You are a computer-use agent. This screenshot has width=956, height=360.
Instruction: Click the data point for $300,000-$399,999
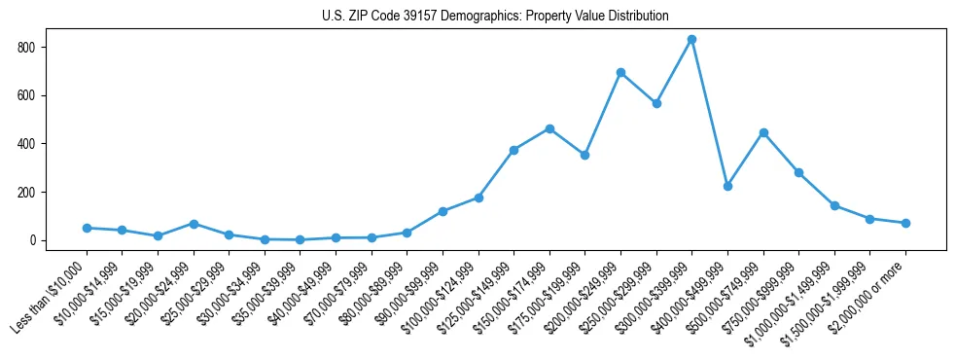(691, 40)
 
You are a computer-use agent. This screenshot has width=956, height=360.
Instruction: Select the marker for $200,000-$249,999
(620, 73)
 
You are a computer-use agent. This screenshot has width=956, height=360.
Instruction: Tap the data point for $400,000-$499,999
(727, 186)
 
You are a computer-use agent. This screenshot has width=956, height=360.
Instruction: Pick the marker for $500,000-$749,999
(763, 132)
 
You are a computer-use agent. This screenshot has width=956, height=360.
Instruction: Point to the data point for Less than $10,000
(87, 228)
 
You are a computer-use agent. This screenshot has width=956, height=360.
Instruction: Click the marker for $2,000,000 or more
(905, 223)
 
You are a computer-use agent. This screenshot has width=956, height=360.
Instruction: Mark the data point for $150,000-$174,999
(549, 128)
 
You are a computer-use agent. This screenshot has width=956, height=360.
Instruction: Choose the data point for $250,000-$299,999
(656, 103)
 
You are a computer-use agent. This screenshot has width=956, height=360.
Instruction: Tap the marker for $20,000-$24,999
(194, 224)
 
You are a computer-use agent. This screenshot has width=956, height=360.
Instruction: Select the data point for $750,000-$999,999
(798, 172)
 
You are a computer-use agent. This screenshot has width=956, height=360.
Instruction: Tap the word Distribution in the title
(638, 17)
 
